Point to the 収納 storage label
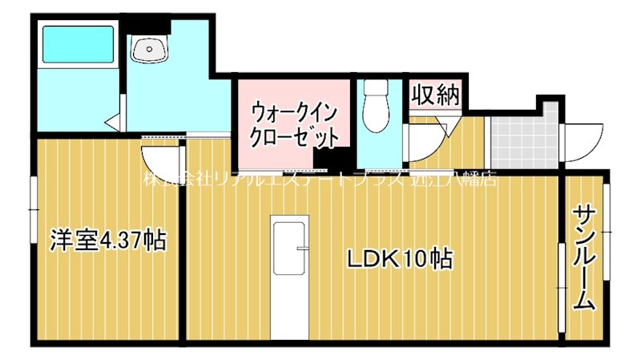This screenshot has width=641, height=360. point(435,96)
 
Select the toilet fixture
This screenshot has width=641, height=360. point(373,107)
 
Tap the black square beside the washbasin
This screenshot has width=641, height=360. point(147,26)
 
